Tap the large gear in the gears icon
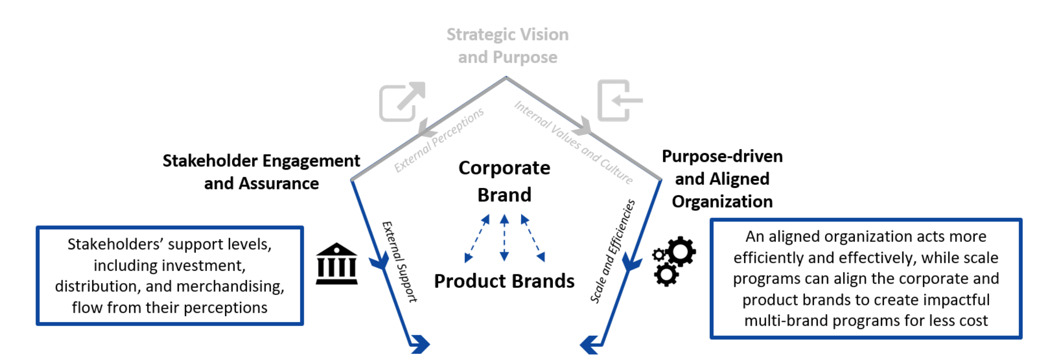680,251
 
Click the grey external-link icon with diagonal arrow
402,101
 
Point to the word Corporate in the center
504,168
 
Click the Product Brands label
504,281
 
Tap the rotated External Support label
399,262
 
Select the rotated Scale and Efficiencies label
612,251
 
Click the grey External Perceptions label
439,140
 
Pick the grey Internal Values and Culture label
573,142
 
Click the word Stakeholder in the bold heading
210,161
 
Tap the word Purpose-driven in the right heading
722,156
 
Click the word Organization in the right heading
722,202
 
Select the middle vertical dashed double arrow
504,238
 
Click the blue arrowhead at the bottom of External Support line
420,344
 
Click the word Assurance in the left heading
279,183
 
